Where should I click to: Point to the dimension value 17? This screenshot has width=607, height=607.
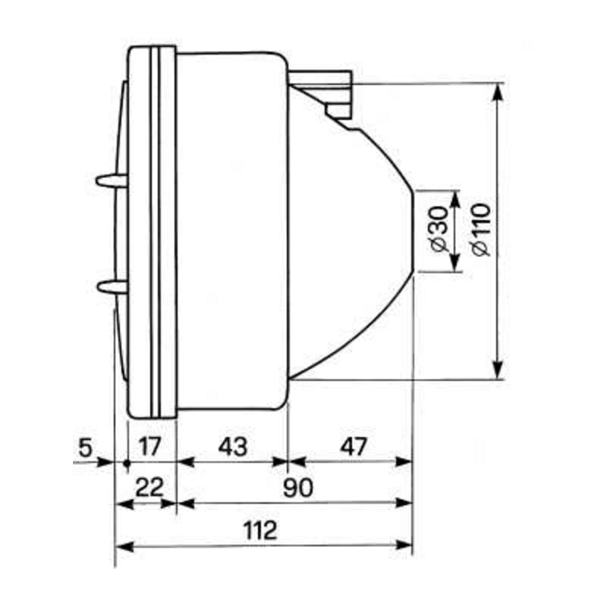[x=150, y=447]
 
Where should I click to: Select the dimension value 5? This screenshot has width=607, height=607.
[x=85, y=447]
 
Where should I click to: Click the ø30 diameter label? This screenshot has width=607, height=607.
[x=436, y=231]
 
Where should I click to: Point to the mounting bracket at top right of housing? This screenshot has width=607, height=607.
[x=326, y=87]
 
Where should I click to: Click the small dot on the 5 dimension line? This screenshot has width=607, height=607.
[x=126, y=461]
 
